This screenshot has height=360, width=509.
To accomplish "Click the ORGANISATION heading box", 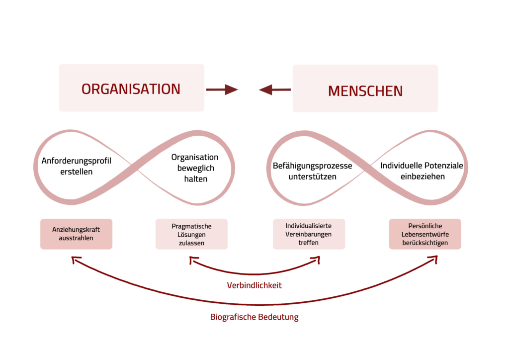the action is pos(131,88).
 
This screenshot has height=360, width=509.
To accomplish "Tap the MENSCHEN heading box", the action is pos(365,89).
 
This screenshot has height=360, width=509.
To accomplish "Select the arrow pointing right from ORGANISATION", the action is pos(222,90).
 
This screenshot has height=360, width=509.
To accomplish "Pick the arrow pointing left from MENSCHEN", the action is pos(275,90).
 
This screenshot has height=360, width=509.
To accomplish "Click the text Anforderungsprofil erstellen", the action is pos(76,166).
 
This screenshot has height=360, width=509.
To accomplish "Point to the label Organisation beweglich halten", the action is pos(195,168).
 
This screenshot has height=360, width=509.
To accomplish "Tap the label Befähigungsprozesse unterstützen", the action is pos(312,171).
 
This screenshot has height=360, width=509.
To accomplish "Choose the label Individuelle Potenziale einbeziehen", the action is pos(422,171).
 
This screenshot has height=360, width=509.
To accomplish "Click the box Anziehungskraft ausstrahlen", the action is pos(76,234).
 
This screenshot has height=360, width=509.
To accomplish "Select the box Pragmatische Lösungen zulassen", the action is pos(191,234).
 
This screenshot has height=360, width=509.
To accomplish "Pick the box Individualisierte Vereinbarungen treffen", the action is pos(309,234).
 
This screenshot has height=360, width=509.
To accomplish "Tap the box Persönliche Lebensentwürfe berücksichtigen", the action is pos(425,234).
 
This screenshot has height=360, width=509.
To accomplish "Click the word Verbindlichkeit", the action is pos(254,285).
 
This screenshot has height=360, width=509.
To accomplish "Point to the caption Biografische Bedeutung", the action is pos(254,317).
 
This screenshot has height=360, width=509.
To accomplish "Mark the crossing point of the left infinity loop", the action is pos(134,167).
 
